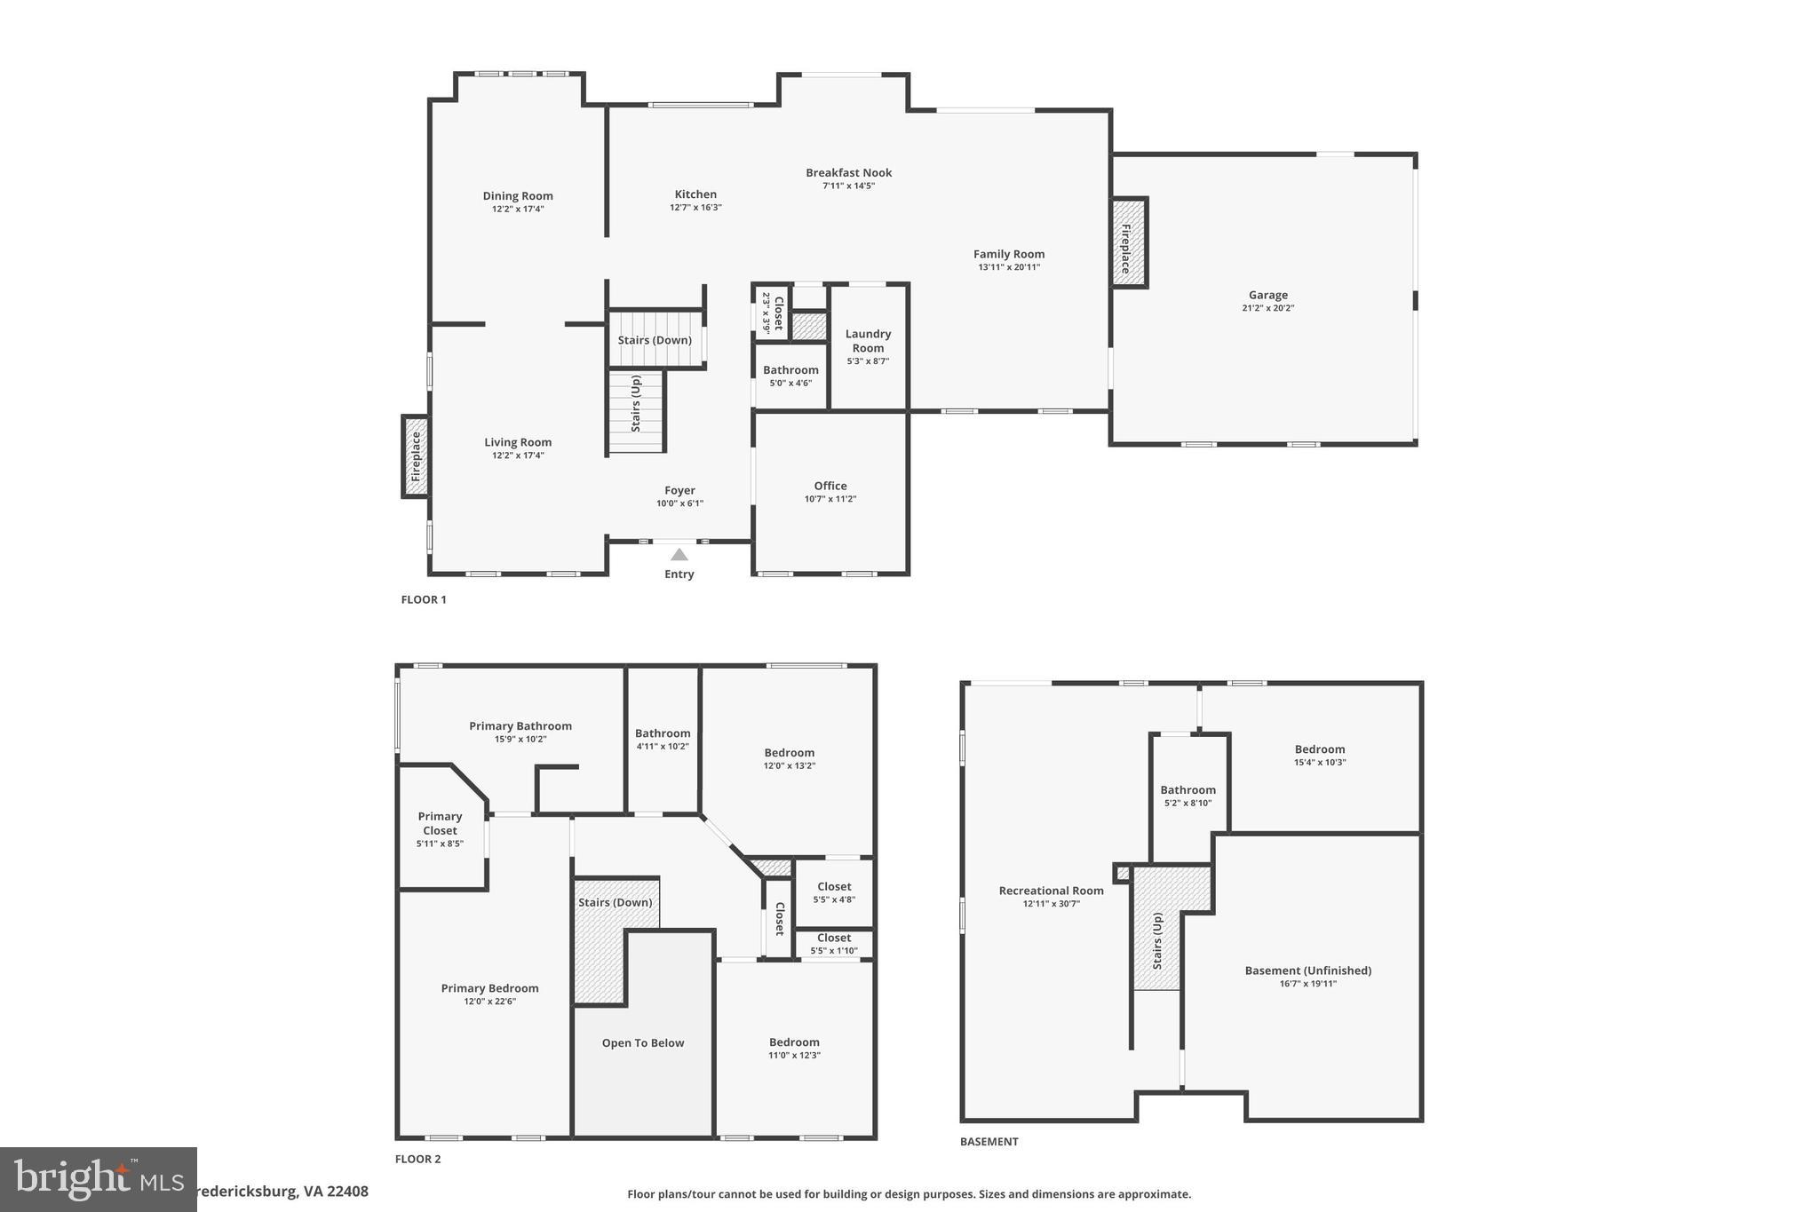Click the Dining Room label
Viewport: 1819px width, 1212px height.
coord(518,196)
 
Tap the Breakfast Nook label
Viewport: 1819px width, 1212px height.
coord(848,173)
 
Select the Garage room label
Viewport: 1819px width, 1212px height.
coord(1267,295)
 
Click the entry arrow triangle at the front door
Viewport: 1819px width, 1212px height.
coord(679,555)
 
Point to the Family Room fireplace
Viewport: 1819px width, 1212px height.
coord(1129,242)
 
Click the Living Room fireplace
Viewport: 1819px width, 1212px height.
coord(415,456)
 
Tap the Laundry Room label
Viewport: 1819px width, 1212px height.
coord(868,341)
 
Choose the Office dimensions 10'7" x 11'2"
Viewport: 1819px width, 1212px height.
coord(830,499)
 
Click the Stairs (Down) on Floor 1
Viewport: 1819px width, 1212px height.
coord(655,340)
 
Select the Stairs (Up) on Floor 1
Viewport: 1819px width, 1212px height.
coord(636,405)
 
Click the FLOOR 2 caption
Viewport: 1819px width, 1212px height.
coord(417,1159)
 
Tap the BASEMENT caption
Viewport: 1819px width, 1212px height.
coord(989,1142)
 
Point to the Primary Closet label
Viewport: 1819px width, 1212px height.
coord(440,823)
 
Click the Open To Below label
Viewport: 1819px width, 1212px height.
coord(642,1043)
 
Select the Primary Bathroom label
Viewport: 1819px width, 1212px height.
coord(520,726)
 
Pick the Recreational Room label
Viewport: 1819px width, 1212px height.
coord(1051,891)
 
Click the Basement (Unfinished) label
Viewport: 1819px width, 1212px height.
coord(1307,970)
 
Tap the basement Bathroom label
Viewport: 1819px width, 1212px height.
coord(1188,790)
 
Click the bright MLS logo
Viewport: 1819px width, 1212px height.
coord(98,1179)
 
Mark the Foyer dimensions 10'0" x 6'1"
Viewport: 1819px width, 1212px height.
coord(679,503)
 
